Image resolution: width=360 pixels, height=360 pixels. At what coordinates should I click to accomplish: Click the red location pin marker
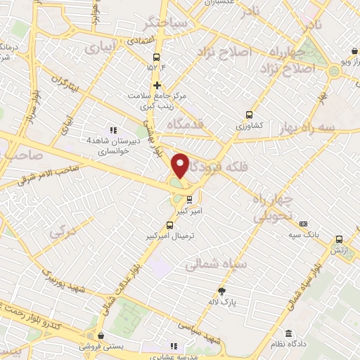pyautogui.click(x=181, y=165)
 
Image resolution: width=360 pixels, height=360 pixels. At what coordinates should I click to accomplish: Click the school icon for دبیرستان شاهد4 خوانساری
pyautogui.click(x=112, y=129)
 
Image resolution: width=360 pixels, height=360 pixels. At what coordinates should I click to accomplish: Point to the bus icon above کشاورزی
pyautogui.click(x=249, y=115)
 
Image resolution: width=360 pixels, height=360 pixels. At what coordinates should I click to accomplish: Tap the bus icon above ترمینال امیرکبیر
pyautogui.click(x=169, y=226)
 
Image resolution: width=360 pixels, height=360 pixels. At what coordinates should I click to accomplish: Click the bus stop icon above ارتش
pyautogui.click(x=340, y=240)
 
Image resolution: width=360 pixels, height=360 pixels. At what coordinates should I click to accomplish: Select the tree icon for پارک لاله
pyautogui.click(x=222, y=291)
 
